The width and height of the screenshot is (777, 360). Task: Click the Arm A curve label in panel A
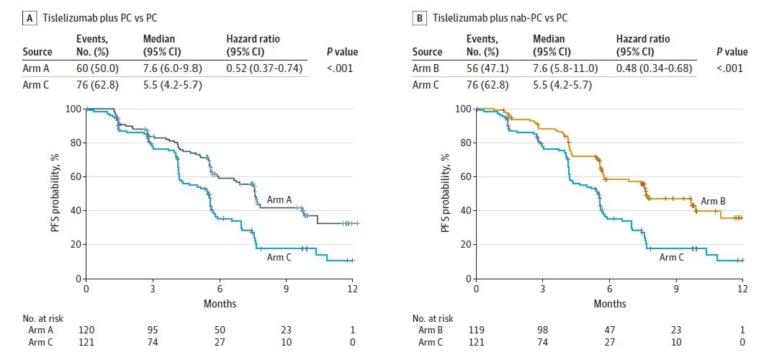[279, 199]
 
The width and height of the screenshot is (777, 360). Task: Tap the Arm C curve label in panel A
[279, 257]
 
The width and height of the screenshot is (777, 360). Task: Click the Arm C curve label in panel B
[671, 257]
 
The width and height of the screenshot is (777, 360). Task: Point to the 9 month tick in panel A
[286, 288]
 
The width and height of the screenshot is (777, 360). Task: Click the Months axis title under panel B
[609, 304]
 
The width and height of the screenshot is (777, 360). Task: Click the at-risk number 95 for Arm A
[153, 330]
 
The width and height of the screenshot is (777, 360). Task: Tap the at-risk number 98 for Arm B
[543, 330]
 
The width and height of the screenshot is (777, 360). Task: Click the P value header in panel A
[341, 52]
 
